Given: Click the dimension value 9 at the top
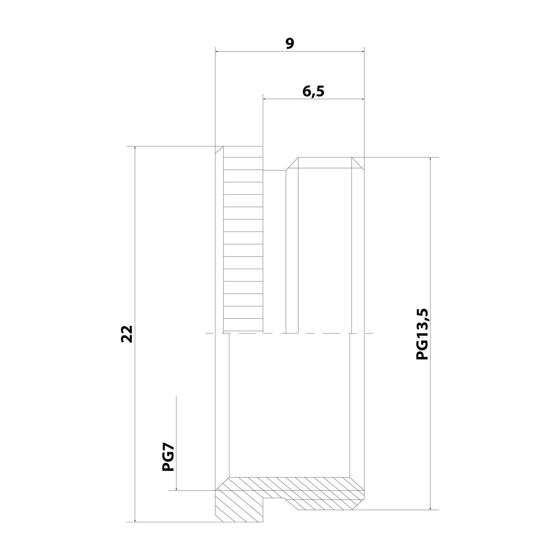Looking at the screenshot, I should click(290, 43).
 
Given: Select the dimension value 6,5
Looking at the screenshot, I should click(313, 91).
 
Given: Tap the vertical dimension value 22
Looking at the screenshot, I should click(127, 333).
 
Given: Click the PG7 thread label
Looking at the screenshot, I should click(168, 457).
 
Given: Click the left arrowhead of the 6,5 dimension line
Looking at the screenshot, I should click(266, 99).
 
